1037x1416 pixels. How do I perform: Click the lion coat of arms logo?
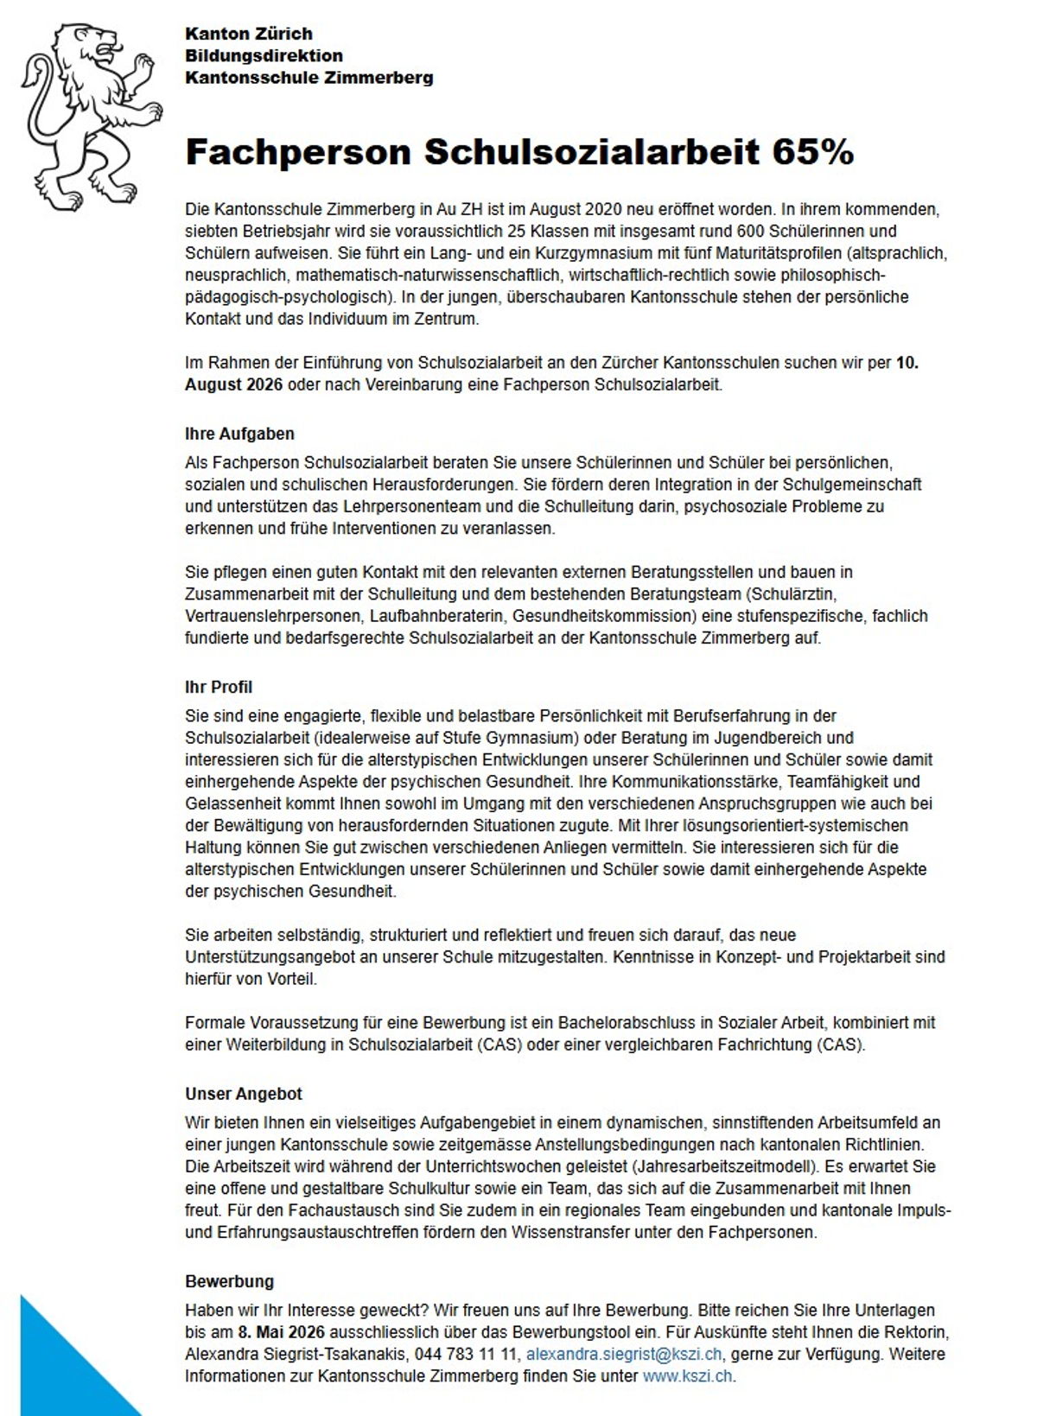point(92,116)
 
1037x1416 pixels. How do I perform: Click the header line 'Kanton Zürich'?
point(249,34)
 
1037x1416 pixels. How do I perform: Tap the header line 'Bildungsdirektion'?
point(264,55)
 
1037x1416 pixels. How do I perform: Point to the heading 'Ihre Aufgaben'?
point(239,434)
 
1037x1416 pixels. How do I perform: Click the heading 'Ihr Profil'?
point(219,687)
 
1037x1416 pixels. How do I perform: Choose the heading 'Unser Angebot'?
point(244,1094)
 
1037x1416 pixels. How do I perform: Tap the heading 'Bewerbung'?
point(229,1281)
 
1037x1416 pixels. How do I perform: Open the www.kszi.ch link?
point(688,1376)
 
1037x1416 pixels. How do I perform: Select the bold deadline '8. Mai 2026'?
point(281,1332)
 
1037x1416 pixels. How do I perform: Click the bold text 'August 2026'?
point(234,384)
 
